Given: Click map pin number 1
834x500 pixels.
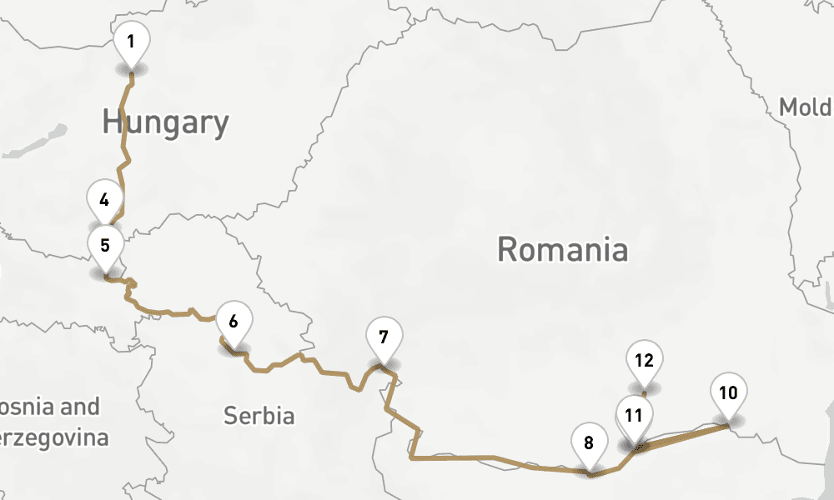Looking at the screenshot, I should point(131,42).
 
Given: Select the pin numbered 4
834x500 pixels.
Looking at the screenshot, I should point(104,201).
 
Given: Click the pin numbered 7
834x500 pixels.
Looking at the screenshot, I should point(383,338).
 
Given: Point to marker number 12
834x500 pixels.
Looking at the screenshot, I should point(643,362).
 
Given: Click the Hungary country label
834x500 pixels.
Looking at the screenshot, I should point(165,122).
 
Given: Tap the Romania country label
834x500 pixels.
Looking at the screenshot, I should point(562,249).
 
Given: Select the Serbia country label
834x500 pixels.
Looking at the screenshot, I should point(259,415).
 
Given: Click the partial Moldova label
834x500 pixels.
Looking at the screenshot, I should point(805,107).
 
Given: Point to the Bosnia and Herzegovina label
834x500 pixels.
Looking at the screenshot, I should point(50,422).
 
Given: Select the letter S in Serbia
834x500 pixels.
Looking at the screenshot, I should point(229,415).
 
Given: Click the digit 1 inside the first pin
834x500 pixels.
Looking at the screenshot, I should point(131,40).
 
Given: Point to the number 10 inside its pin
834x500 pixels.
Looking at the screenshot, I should point(728,392).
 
